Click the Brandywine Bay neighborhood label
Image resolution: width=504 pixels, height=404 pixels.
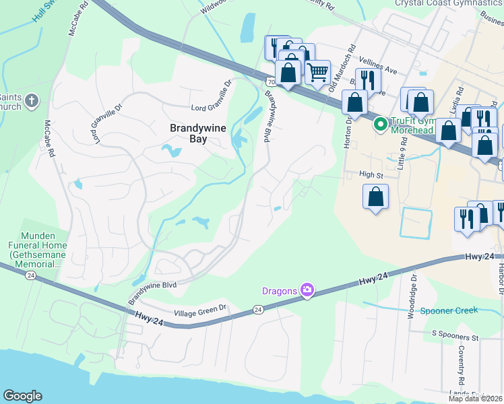(x=188, y=133)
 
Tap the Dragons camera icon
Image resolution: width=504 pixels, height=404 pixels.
(x=307, y=290)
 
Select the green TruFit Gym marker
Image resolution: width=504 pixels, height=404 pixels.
(x=380, y=123)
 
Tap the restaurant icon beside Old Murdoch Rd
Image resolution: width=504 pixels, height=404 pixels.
(x=368, y=79)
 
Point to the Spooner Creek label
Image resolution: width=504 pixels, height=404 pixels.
(x=449, y=310)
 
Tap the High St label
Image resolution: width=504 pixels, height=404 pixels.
(x=371, y=174)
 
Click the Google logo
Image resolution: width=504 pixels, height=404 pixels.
(x=22, y=396)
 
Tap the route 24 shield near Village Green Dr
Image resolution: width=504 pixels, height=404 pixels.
(x=258, y=310)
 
